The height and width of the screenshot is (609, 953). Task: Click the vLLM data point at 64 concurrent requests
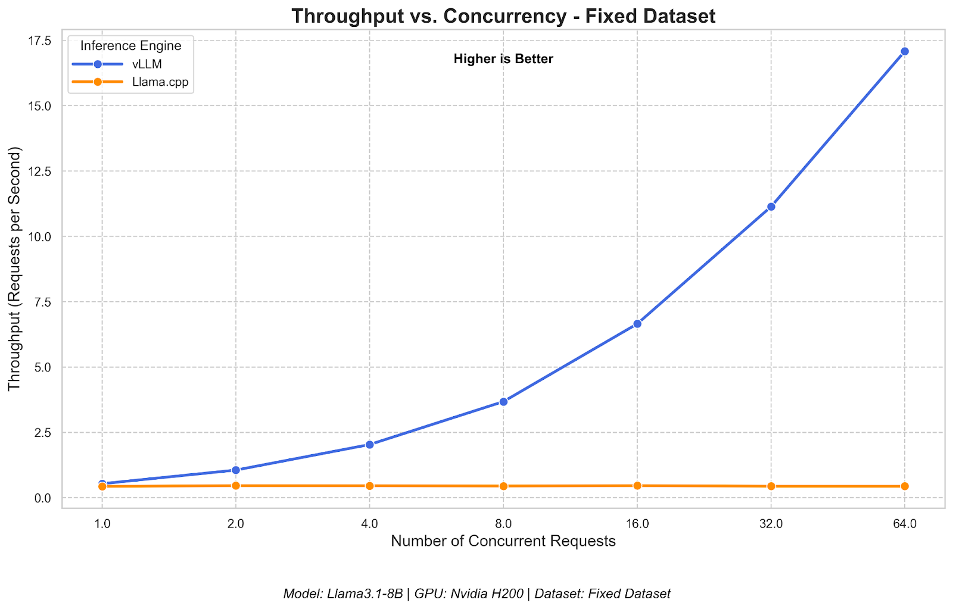click(904, 51)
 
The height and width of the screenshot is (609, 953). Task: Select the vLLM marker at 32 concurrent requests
click(771, 207)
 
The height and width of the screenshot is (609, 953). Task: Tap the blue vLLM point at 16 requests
click(637, 324)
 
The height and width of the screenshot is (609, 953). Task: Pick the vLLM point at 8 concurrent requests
click(503, 402)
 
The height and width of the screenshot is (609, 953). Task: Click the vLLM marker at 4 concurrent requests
click(369, 444)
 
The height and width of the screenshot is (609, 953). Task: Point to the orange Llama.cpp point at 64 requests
click(904, 486)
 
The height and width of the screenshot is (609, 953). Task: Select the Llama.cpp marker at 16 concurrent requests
click(637, 486)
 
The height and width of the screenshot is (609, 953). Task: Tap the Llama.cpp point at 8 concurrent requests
click(503, 486)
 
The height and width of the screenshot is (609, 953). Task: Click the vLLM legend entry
click(147, 64)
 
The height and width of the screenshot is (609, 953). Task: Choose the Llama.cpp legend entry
click(160, 82)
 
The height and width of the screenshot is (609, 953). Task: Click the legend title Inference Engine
click(130, 46)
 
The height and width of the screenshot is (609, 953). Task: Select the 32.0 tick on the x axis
click(771, 524)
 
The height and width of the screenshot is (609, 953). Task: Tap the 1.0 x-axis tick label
click(102, 524)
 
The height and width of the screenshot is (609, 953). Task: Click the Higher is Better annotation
click(503, 59)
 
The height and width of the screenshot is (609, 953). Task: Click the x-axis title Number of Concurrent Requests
click(503, 541)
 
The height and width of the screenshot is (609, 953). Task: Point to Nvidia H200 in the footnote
click(487, 594)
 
